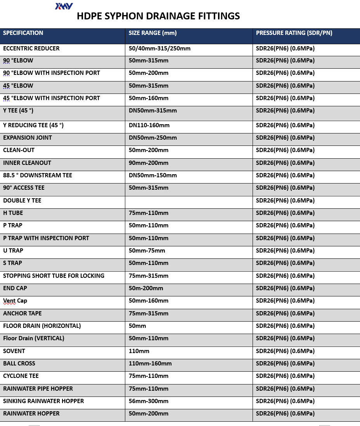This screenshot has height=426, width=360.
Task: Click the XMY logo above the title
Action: pyautogui.click(x=64, y=6)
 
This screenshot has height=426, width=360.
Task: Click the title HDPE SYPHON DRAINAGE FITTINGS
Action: pyautogui.click(x=158, y=16)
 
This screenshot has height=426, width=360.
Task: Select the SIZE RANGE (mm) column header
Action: pyautogui.click(x=152, y=33)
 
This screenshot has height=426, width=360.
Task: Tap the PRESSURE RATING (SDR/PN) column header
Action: pyautogui.click(x=294, y=33)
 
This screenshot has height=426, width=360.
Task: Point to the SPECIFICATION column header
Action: pyautogui.click(x=23, y=33)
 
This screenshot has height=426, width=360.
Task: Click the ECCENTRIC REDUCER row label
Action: pyautogui.click(x=31, y=48)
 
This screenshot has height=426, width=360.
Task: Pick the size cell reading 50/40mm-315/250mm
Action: pyautogui.click(x=159, y=48)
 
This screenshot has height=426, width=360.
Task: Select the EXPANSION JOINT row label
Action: pyautogui.click(x=28, y=138)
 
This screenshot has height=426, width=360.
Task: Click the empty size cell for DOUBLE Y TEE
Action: pyautogui.click(x=189, y=201)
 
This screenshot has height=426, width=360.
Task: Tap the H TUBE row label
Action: pyautogui.click(x=13, y=213)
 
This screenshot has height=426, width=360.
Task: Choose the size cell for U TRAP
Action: pyautogui.click(x=147, y=251)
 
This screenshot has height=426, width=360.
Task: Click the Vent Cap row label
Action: pyautogui.click(x=15, y=301)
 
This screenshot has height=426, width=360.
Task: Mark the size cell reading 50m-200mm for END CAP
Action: pyautogui.click(x=146, y=288)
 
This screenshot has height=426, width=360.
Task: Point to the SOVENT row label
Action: pyautogui.click(x=14, y=351)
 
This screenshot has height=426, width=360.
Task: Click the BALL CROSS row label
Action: pyautogui.click(x=19, y=364)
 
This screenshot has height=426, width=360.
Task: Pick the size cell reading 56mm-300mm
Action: pyautogui.click(x=149, y=401)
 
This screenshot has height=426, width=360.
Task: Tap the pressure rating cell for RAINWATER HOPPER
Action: pyautogui.click(x=285, y=414)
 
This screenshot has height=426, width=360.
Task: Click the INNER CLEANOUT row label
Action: pyautogui.click(x=27, y=163)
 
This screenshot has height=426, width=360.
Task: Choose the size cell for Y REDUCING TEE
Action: pyautogui.click(x=149, y=125)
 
